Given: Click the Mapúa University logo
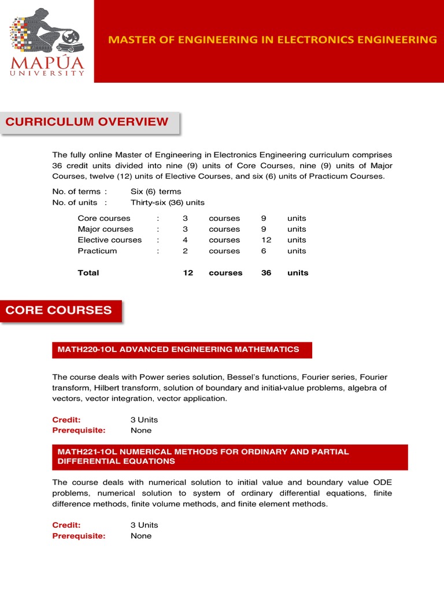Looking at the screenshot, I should (47, 42).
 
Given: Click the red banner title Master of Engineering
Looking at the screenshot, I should (273, 40).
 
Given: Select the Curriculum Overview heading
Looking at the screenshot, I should (87, 122).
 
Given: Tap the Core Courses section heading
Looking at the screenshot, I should (59, 310).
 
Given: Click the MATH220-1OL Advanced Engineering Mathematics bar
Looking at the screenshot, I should (179, 349).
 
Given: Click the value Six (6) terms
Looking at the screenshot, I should (156, 192).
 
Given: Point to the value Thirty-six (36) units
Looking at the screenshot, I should (168, 203).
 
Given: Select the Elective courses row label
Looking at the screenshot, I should (109, 240).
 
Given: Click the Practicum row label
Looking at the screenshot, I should (97, 251).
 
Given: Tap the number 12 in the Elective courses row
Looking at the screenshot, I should (266, 240).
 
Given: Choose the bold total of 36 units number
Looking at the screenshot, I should (266, 273).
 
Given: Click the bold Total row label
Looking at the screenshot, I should (88, 273).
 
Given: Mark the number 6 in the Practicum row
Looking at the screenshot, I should (264, 251).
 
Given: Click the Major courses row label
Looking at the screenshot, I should (105, 230).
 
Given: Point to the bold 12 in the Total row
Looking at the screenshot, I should (188, 273).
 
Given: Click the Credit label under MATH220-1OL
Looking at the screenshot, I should (66, 420).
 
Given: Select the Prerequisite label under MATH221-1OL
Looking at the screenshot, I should (79, 536).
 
